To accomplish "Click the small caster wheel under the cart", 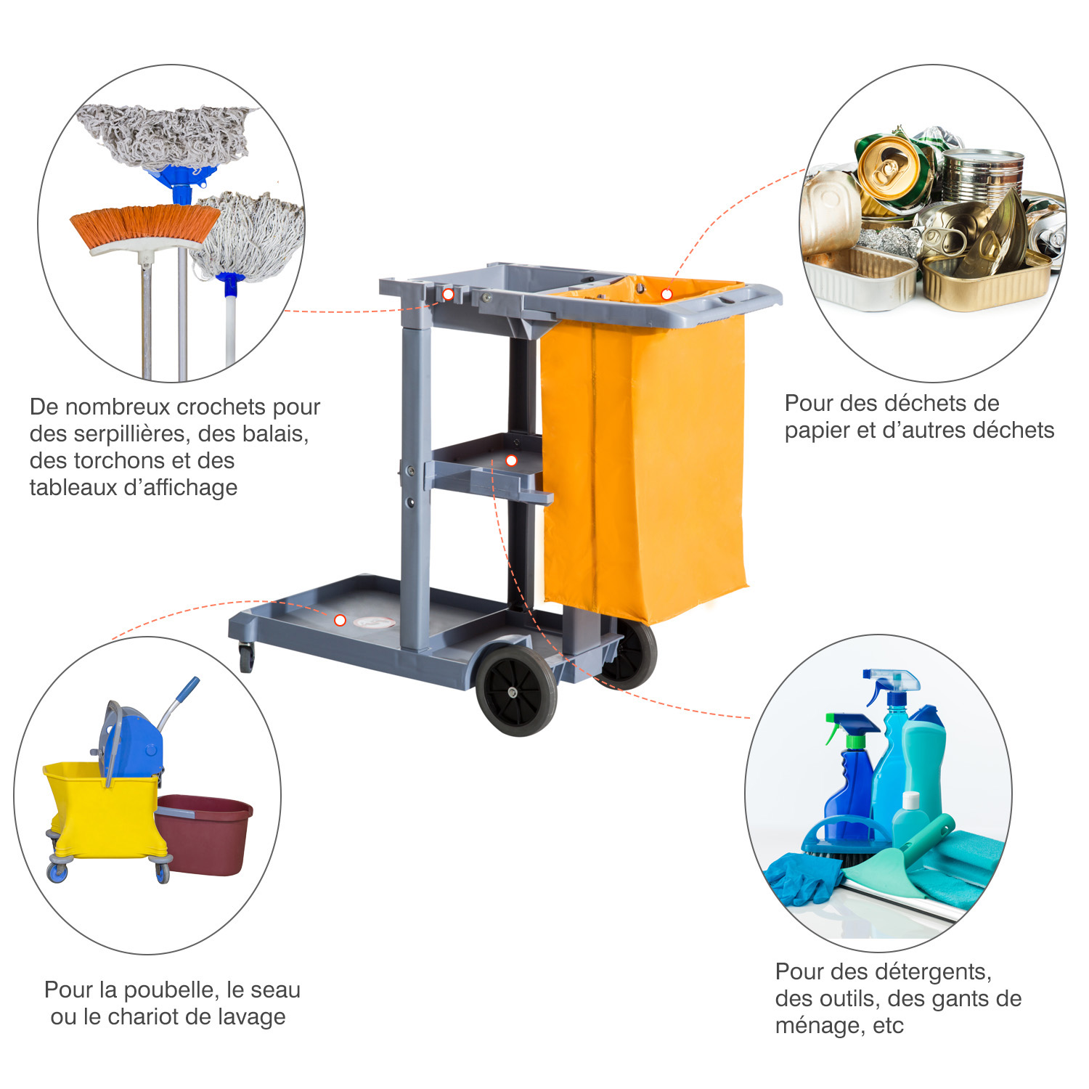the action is [x=247, y=658].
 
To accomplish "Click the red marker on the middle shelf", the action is [x=511, y=460].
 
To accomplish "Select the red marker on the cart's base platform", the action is [x=340, y=620].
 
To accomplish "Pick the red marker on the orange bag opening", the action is [x=666, y=294].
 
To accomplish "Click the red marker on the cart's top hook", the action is [x=448, y=294].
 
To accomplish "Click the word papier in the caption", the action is [x=818, y=431].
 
